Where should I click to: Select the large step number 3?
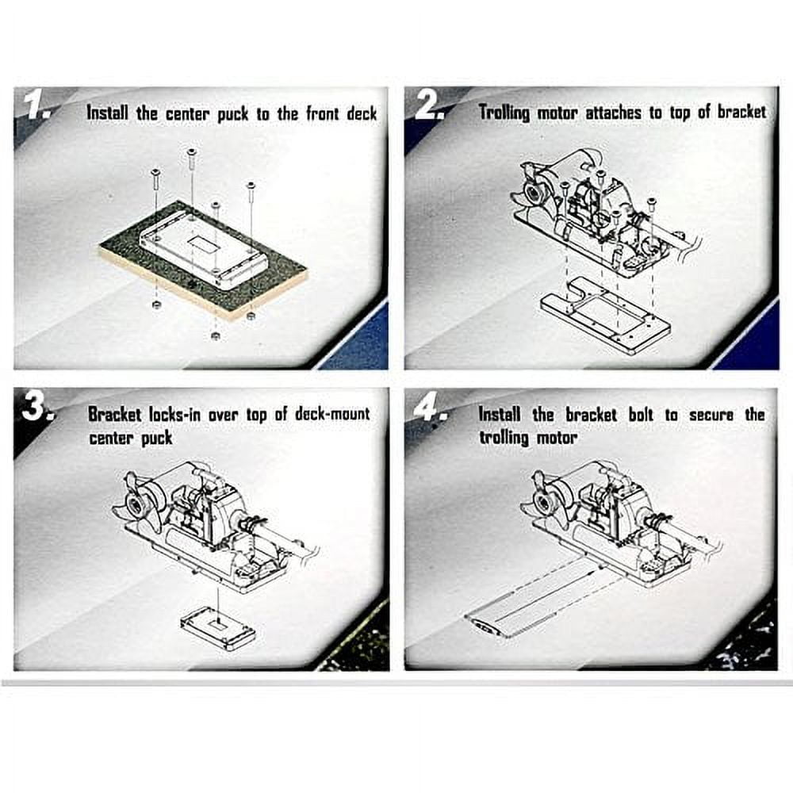coord(36,408)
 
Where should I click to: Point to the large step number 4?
coord(429,408)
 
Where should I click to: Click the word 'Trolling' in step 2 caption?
coord(504,113)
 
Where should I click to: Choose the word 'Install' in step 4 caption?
coord(500,414)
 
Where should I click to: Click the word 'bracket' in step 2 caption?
coord(742,113)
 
